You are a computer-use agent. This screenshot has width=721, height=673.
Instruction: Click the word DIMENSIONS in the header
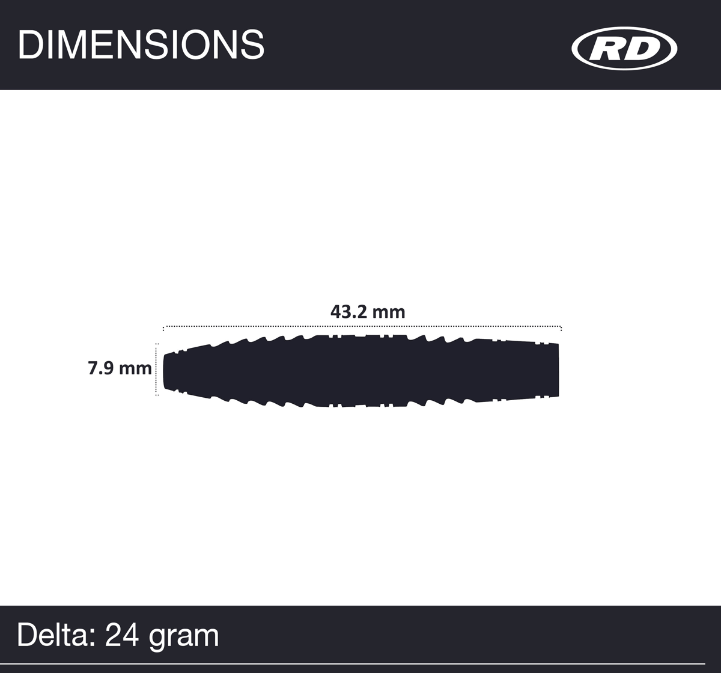point(141,44)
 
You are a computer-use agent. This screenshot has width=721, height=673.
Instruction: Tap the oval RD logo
point(624,49)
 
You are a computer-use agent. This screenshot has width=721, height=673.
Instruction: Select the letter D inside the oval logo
point(642,49)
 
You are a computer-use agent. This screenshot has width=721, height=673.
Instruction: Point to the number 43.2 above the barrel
point(348,312)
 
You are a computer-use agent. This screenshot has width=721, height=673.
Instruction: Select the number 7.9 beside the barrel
point(101,368)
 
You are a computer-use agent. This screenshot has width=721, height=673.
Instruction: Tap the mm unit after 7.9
point(135,368)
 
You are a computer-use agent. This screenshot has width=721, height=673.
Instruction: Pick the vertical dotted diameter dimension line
point(157,370)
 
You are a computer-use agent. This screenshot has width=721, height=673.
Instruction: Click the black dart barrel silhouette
point(360,370)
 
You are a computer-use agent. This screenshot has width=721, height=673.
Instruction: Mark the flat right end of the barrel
point(557,370)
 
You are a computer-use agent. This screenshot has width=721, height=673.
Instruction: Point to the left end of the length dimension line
point(164,327)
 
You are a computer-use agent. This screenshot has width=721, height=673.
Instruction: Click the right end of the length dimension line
point(561,327)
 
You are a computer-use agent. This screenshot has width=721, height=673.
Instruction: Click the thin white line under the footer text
point(360,663)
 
